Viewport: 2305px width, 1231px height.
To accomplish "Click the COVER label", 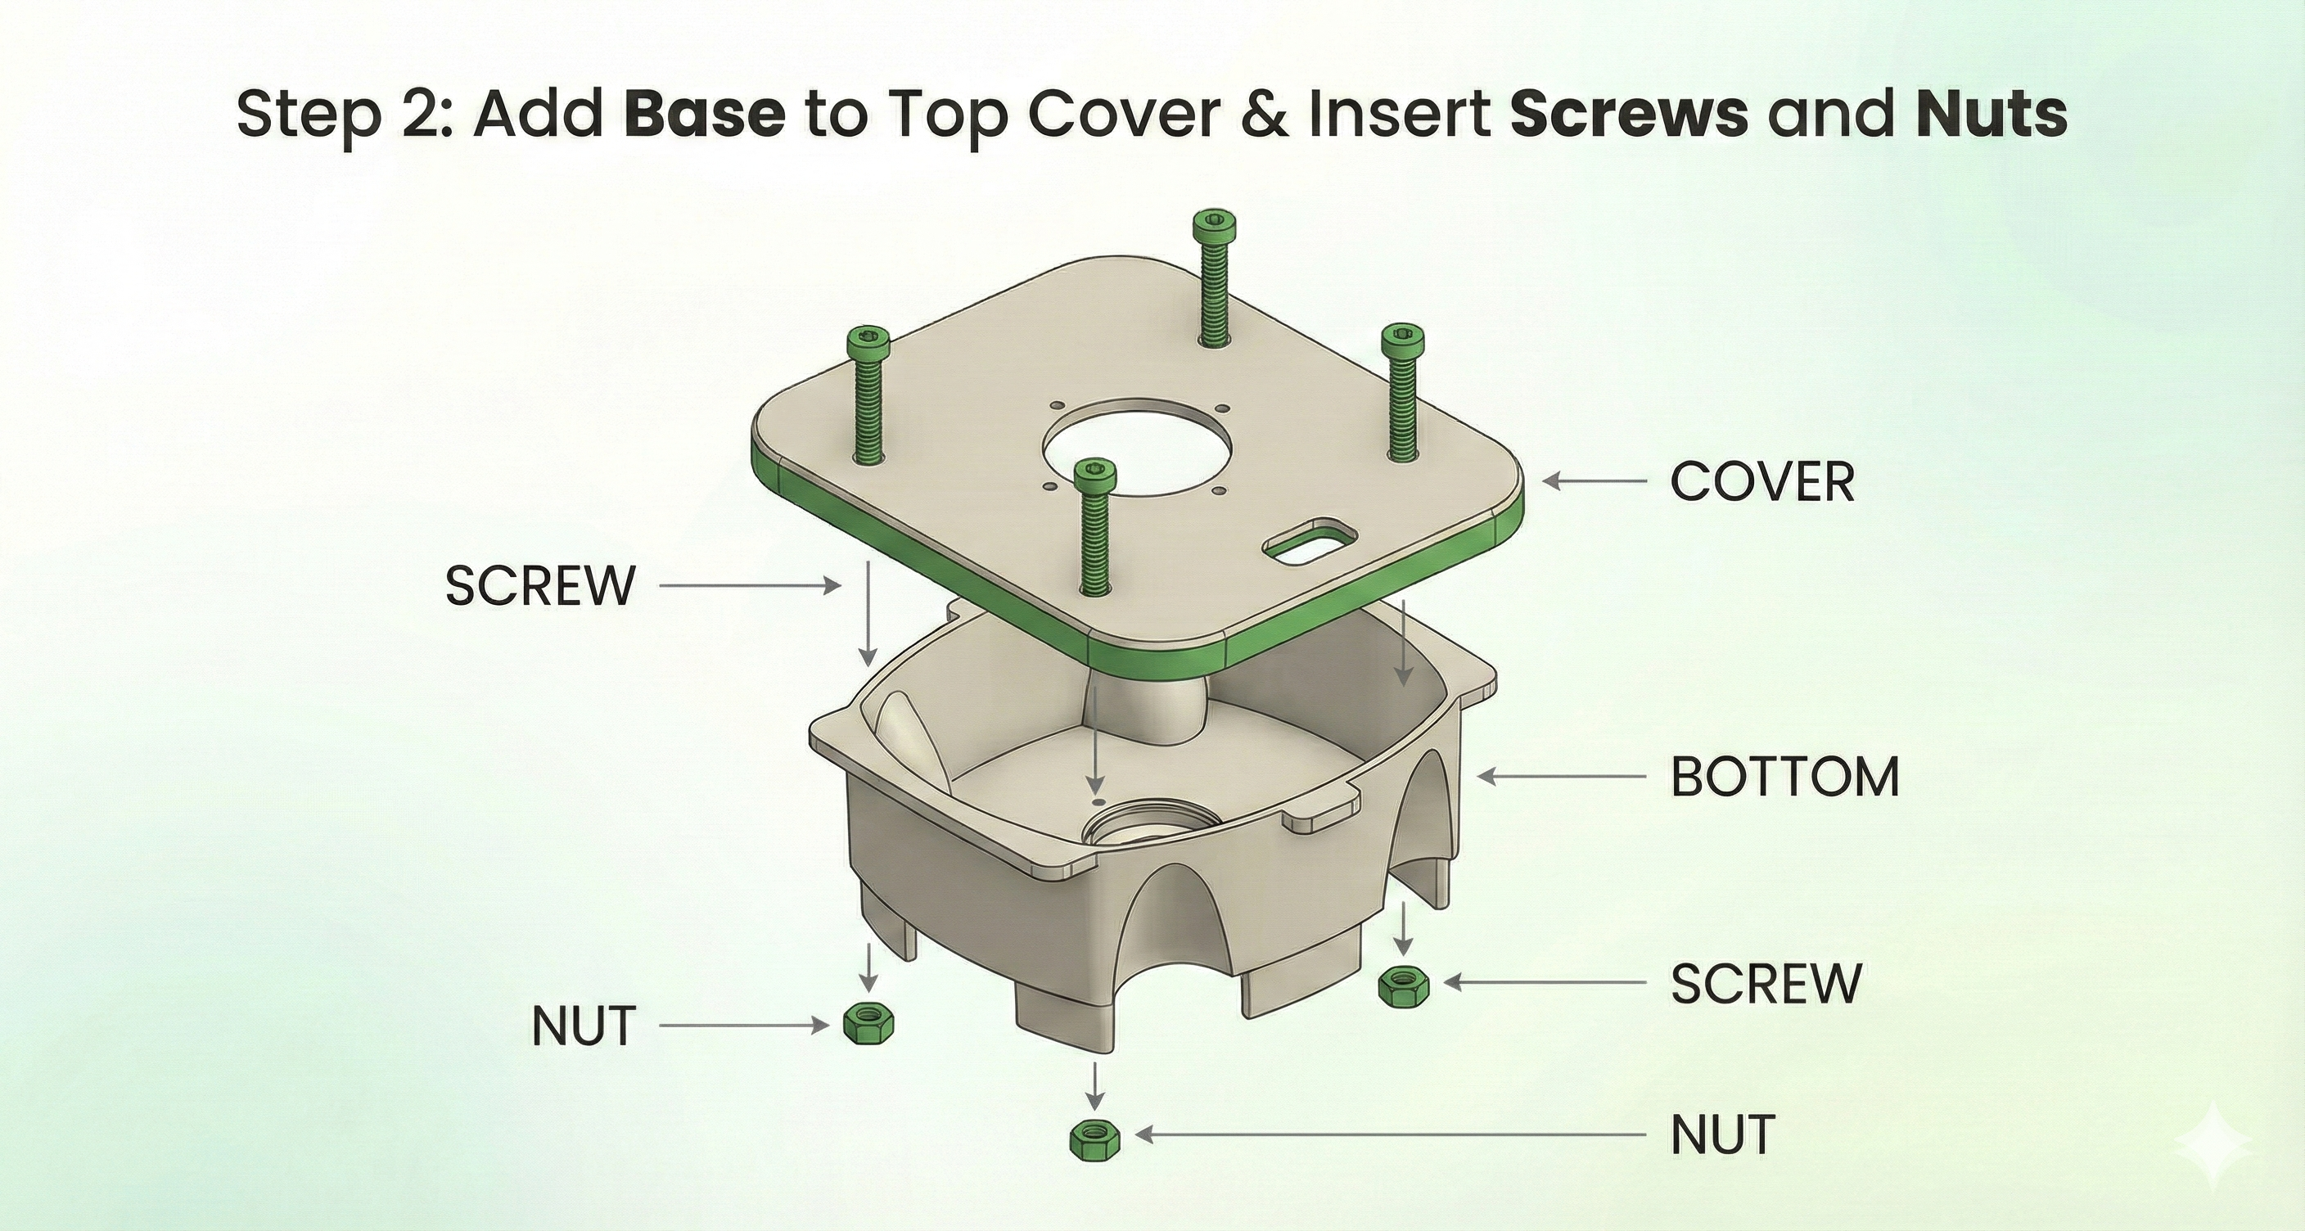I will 1761,482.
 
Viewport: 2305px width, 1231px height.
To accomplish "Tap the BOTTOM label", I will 1784,777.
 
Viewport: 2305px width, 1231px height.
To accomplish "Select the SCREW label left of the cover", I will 540,586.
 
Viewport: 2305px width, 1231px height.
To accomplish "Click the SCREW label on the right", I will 1766,983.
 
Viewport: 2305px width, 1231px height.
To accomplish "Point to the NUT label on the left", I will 584,1026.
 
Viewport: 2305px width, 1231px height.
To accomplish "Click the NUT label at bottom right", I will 1722,1135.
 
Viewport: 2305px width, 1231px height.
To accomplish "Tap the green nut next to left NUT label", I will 868,1023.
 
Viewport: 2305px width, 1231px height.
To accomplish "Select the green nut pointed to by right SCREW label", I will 1404,987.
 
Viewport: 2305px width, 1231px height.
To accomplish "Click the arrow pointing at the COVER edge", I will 1594,481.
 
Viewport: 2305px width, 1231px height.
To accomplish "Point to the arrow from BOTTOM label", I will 1562,777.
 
